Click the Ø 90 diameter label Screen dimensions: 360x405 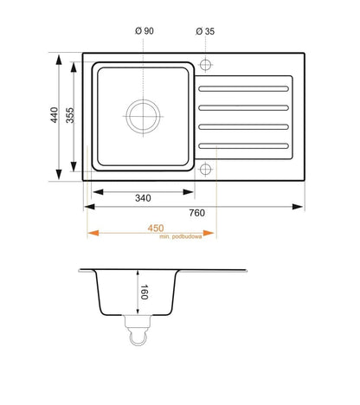(x=145, y=30)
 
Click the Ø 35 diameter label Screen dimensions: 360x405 (x=205, y=31)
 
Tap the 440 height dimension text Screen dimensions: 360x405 (x=55, y=115)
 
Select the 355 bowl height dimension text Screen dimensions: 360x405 (x=70, y=115)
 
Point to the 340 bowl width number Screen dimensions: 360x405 (x=143, y=198)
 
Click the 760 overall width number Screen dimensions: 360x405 (x=197, y=213)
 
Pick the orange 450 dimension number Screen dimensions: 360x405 (x=156, y=228)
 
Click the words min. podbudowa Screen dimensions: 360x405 (x=181, y=237)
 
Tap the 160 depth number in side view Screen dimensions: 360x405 (x=144, y=292)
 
